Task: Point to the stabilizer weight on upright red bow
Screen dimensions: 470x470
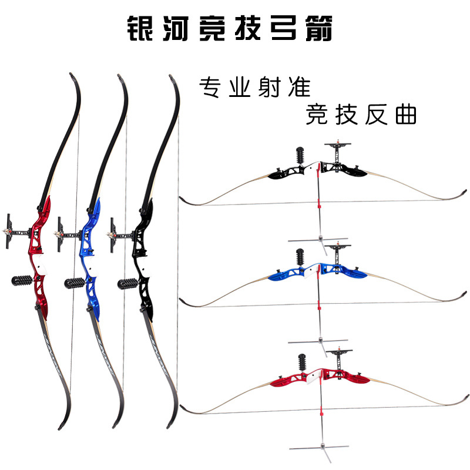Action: pyautogui.click(x=23, y=280)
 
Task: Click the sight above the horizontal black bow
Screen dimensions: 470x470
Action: pyautogui.click(x=337, y=147)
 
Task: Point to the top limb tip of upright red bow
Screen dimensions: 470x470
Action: pyautogui.click(x=72, y=76)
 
